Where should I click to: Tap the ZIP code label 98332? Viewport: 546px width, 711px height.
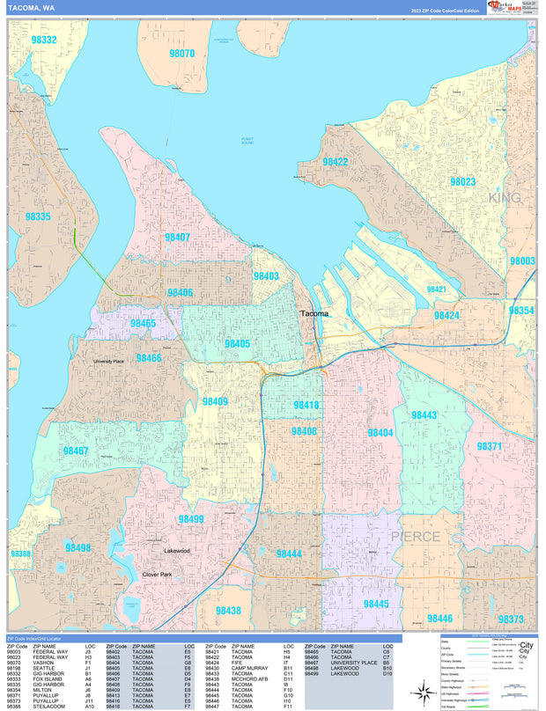pos(43,40)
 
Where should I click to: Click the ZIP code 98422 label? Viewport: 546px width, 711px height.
pos(335,162)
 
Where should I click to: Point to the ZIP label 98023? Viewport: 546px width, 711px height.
pos(462,182)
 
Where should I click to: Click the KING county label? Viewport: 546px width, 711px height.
pos(505,198)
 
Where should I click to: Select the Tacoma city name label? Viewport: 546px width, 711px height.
pos(314,313)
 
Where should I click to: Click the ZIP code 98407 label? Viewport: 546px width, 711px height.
pos(176,238)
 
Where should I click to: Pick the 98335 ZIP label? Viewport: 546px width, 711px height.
pos(38,216)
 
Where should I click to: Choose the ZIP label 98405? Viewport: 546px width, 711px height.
pos(236,344)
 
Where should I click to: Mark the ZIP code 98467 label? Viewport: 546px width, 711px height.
pos(76,451)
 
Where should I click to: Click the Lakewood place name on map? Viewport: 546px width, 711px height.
pos(176,551)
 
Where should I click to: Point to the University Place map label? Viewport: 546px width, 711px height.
pos(113,361)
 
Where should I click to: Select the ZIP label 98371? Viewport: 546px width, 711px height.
pos(489,446)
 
